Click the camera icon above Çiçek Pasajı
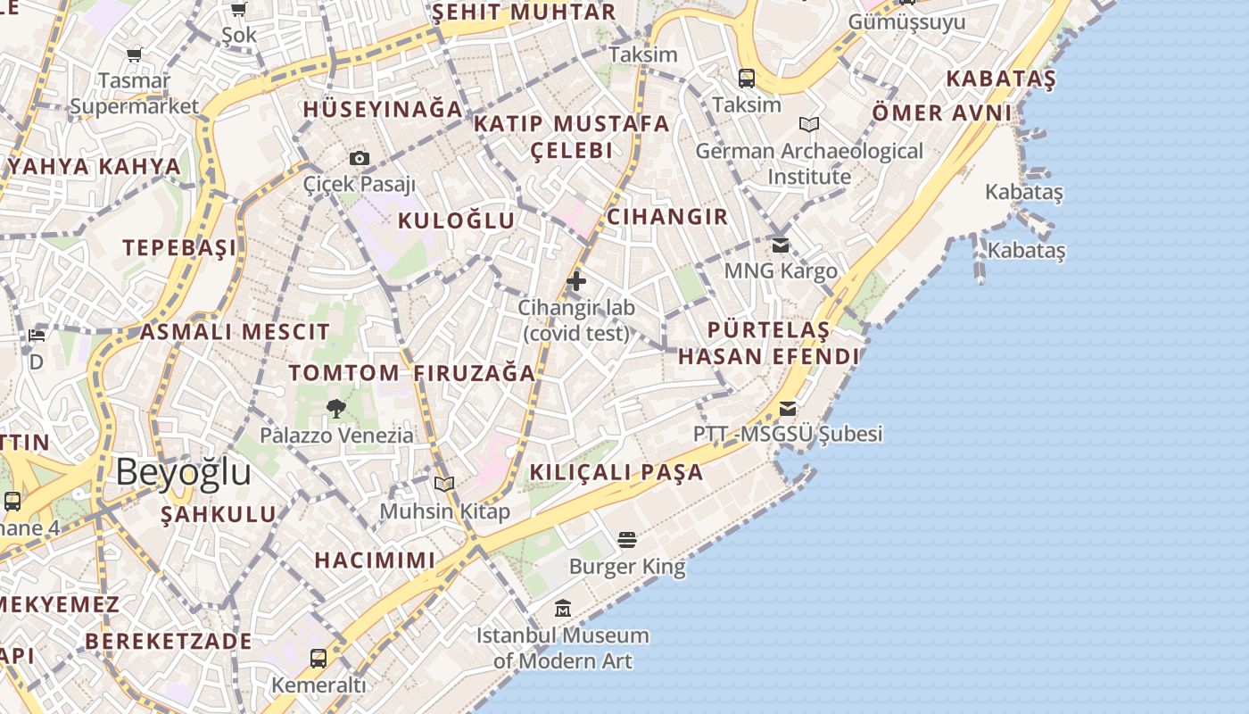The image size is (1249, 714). click(360, 159)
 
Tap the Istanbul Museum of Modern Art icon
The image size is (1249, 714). click(563, 609)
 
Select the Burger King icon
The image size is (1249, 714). click(627, 540)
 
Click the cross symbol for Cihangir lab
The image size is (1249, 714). click(576, 281)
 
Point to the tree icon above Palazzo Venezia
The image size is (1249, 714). click(336, 409)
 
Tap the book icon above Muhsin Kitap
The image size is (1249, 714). click(444, 485)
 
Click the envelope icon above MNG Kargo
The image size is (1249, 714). click(781, 245)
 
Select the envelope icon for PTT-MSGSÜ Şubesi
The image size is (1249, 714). click(788, 409)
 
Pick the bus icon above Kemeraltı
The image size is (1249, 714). click(318, 659)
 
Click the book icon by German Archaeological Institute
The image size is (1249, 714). click(809, 125)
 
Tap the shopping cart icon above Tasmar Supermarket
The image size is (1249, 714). click(135, 55)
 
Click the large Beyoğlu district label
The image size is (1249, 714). click(183, 471)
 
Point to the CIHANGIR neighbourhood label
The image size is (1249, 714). click(667, 217)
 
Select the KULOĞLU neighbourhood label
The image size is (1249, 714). click(456, 220)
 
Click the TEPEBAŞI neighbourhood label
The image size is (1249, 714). click(180, 247)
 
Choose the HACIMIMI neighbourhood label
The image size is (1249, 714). click(375, 560)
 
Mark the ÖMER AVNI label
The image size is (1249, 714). click(942, 113)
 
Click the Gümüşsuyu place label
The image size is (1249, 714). click(906, 21)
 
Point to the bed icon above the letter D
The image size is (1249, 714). click(37, 336)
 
